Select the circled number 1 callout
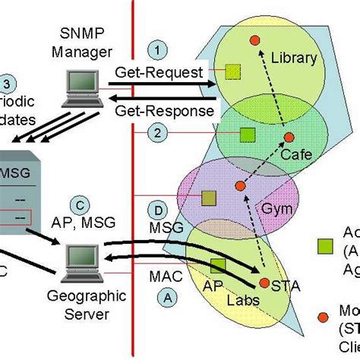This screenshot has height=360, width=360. click(157, 51)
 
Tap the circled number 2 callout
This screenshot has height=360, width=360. click(157, 133)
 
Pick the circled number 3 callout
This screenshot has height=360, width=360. click(7, 84)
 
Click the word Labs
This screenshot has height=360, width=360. click(244, 301)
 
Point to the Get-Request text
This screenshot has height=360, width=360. click(159, 73)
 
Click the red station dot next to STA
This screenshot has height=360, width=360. click(264, 283)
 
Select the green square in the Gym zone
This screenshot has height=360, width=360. click(208, 197)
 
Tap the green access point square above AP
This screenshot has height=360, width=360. click(218, 265)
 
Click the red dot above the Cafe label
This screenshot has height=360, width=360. click(289, 137)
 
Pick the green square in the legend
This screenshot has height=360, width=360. click(324, 245)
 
